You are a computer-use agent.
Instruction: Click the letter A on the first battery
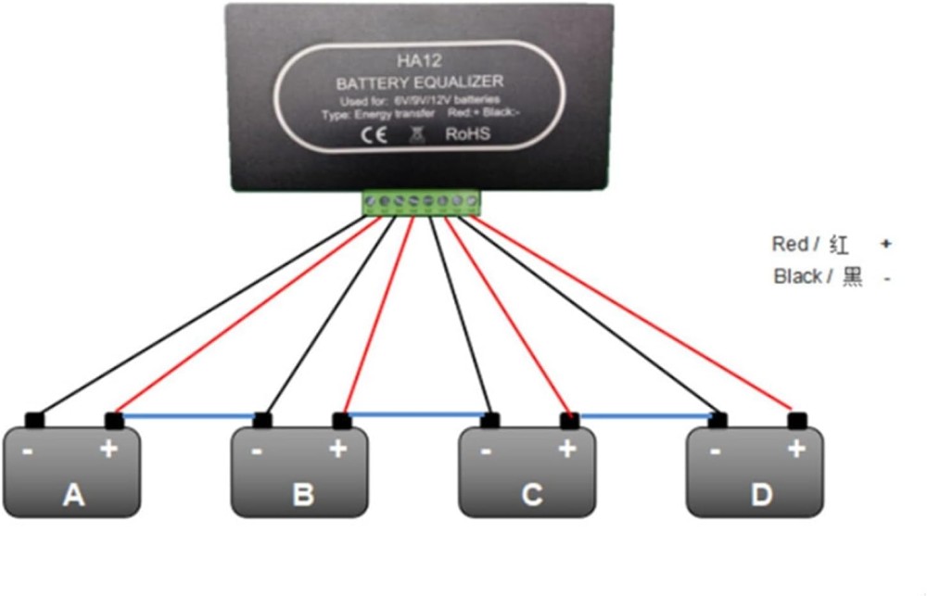tap(73, 495)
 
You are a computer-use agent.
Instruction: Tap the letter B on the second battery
tap(302, 495)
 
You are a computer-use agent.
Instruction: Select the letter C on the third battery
tap(531, 495)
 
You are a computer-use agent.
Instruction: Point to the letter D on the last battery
tap(761, 495)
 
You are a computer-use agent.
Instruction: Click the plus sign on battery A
tap(109, 450)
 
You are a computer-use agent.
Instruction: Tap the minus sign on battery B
tap(256, 450)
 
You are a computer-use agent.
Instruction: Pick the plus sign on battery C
tap(567, 450)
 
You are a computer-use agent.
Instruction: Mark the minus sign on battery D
tap(715, 450)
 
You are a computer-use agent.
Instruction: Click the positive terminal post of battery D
tap(795, 420)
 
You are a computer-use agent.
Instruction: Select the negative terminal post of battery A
tap(34, 419)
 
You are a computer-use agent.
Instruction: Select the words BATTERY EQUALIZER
tap(420, 82)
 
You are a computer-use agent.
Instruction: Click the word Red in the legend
tap(790, 244)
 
